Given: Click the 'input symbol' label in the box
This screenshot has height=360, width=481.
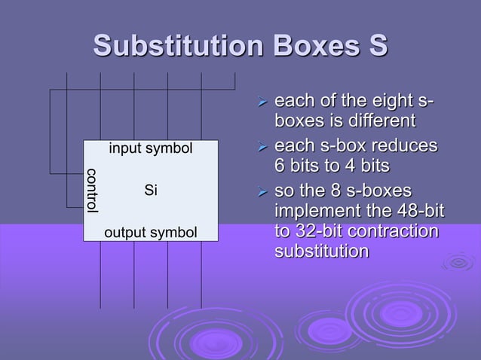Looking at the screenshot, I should [151, 149].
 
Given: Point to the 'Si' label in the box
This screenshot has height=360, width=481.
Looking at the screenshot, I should [151, 191].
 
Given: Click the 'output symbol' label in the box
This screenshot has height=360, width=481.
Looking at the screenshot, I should [151, 233].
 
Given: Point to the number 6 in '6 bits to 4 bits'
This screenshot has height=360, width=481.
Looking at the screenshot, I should [280, 165].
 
